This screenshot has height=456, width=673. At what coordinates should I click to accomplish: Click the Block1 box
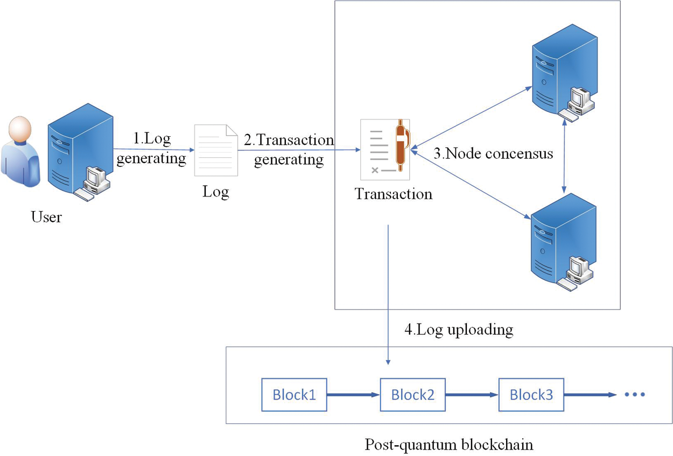click(294, 395)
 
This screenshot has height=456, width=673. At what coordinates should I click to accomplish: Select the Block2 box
click(412, 395)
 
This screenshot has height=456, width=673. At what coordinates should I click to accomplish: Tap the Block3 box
click(531, 395)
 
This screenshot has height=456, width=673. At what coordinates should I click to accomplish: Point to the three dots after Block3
click(635, 395)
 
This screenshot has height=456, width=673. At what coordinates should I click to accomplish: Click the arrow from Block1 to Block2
click(353, 395)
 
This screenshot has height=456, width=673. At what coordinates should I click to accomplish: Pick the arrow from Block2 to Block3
click(472, 395)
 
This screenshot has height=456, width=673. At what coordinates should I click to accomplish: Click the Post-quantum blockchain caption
click(449, 445)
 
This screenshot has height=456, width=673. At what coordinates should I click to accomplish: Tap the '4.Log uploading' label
click(458, 329)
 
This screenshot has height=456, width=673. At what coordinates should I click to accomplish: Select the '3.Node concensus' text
click(493, 153)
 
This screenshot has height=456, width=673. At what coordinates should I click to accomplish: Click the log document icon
click(216, 150)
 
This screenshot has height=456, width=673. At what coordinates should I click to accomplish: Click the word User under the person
click(46, 218)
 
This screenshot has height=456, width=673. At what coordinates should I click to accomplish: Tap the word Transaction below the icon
click(394, 194)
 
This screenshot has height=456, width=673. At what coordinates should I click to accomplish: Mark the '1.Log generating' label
click(152, 149)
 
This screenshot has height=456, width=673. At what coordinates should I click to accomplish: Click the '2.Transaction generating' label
click(289, 150)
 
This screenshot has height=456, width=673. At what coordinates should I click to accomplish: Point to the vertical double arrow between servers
click(564, 156)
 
